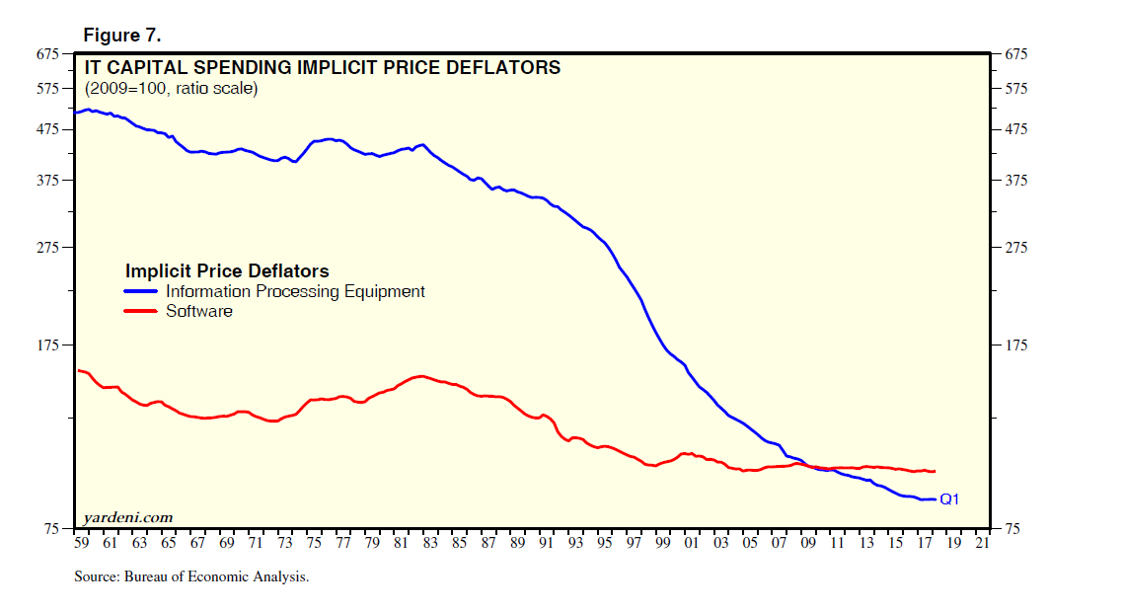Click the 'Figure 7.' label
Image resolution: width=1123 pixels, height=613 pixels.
click(x=122, y=36)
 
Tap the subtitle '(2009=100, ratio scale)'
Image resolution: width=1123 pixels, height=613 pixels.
click(x=171, y=89)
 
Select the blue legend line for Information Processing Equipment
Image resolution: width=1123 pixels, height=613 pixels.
click(x=141, y=292)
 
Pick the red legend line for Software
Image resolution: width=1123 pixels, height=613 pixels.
click(x=141, y=312)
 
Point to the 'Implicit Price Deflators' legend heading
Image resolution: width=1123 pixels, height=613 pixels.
click(x=227, y=270)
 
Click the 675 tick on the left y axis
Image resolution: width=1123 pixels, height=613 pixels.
click(x=47, y=53)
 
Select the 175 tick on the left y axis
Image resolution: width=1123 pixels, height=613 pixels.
click(x=47, y=345)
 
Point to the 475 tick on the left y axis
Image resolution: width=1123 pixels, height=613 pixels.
click(x=47, y=129)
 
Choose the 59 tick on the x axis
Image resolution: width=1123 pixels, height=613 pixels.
click(x=81, y=543)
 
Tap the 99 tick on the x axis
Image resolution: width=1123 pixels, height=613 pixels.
click(x=662, y=543)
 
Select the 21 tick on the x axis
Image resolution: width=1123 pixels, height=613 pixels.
click(x=981, y=543)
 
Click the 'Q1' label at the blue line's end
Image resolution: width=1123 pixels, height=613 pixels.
click(x=949, y=499)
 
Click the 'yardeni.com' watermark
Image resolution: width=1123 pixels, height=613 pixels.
click(x=127, y=517)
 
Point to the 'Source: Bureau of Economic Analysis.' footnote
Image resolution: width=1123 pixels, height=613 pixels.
click(x=191, y=576)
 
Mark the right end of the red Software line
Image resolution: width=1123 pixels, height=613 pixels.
click(x=934, y=472)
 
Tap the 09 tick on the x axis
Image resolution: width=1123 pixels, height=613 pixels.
click(x=807, y=543)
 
